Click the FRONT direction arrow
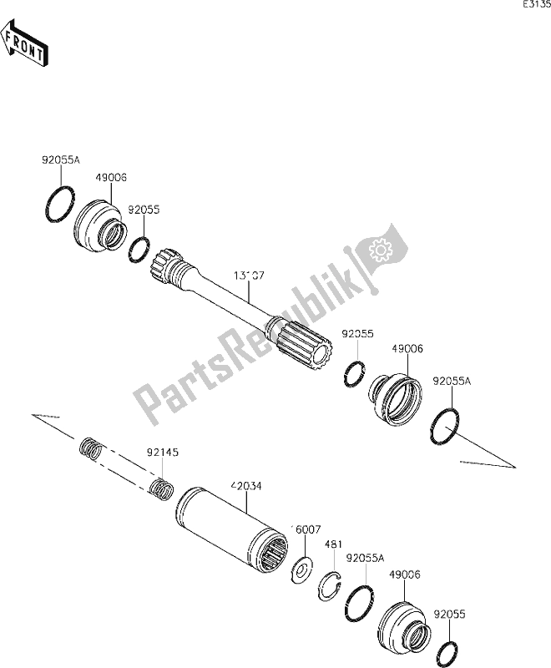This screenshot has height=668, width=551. [x=23, y=47]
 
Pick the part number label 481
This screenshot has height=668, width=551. [x=332, y=544]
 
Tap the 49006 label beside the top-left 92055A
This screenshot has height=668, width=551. [x=111, y=178]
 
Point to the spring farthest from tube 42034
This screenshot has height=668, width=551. [x=90, y=449]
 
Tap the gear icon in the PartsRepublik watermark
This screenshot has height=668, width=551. [x=381, y=250]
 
